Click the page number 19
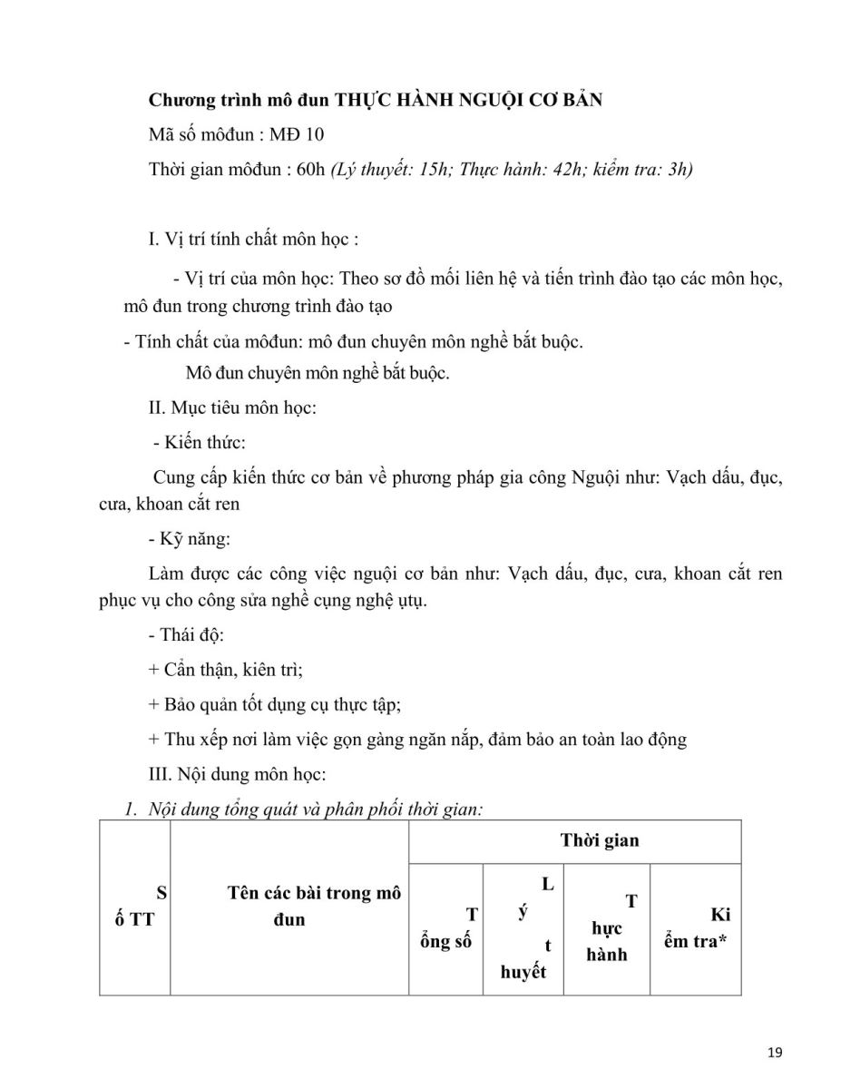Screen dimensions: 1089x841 click(774, 1053)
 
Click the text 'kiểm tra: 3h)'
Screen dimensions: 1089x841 click(642, 170)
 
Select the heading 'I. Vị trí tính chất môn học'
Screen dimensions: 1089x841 click(252, 240)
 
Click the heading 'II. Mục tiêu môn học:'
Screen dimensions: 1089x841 click(232, 408)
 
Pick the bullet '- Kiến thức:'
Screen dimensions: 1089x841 click(199, 443)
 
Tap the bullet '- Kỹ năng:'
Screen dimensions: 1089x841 click(191, 539)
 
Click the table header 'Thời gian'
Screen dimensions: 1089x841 click(599, 840)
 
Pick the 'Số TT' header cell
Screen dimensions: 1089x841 click(135, 906)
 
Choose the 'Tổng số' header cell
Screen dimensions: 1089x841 click(447, 928)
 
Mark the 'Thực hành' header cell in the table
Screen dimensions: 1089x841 click(607, 928)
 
